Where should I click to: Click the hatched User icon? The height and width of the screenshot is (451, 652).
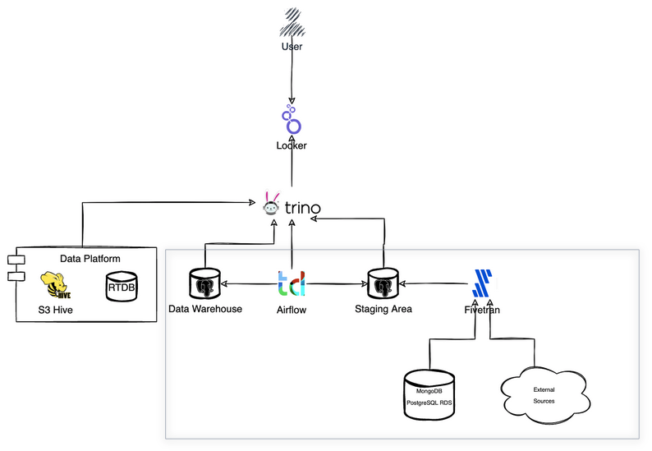tap(292, 21)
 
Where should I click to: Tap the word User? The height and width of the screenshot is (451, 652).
tap(292, 47)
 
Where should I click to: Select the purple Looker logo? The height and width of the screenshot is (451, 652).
tap(292, 121)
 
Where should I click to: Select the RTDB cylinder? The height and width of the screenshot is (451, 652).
tap(122, 287)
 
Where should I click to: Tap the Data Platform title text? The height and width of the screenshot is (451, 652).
tap(90, 259)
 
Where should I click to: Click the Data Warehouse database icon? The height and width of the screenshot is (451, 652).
tap(204, 284)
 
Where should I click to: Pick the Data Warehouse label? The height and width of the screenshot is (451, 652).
tap(204, 309)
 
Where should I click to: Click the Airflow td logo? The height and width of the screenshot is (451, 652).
tap(292, 284)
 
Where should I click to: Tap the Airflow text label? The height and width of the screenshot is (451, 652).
tap(292, 310)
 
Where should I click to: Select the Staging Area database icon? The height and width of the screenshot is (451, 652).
tap(383, 284)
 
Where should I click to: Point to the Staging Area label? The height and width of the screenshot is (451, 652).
tap(383, 309)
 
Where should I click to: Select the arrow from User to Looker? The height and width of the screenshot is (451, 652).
tap(292, 78)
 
